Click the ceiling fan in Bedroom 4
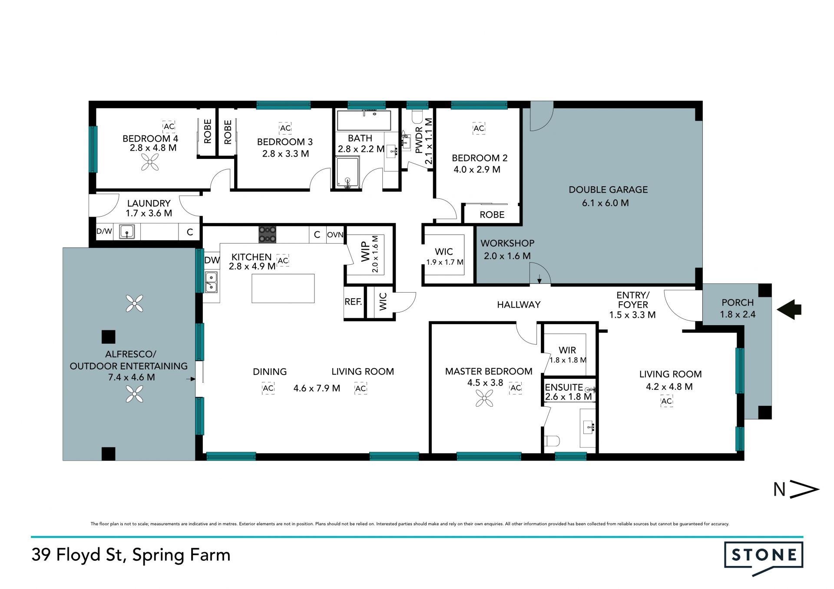pyautogui.click(x=150, y=164)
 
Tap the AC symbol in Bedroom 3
pyautogui.click(x=285, y=128)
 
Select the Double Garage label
pyautogui.click(x=608, y=190)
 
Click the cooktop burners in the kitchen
pyautogui.click(x=268, y=234)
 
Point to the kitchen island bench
pyautogui.click(x=283, y=288)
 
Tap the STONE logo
pyautogui.click(x=764, y=559)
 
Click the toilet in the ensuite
pyautogui.click(x=552, y=441)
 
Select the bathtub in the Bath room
pyautogui.click(x=364, y=120)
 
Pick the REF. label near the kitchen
pyautogui.click(x=353, y=302)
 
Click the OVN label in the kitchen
pyautogui.click(x=335, y=235)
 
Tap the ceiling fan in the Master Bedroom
pyautogui.click(x=484, y=398)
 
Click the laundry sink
pyautogui.click(x=127, y=232)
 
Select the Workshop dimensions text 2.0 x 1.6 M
pyautogui.click(x=507, y=256)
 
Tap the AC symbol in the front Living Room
pyautogui.click(x=667, y=401)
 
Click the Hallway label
pyautogui.click(x=519, y=305)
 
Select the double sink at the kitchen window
pyautogui.click(x=211, y=282)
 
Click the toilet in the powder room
pyautogui.click(x=417, y=117)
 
